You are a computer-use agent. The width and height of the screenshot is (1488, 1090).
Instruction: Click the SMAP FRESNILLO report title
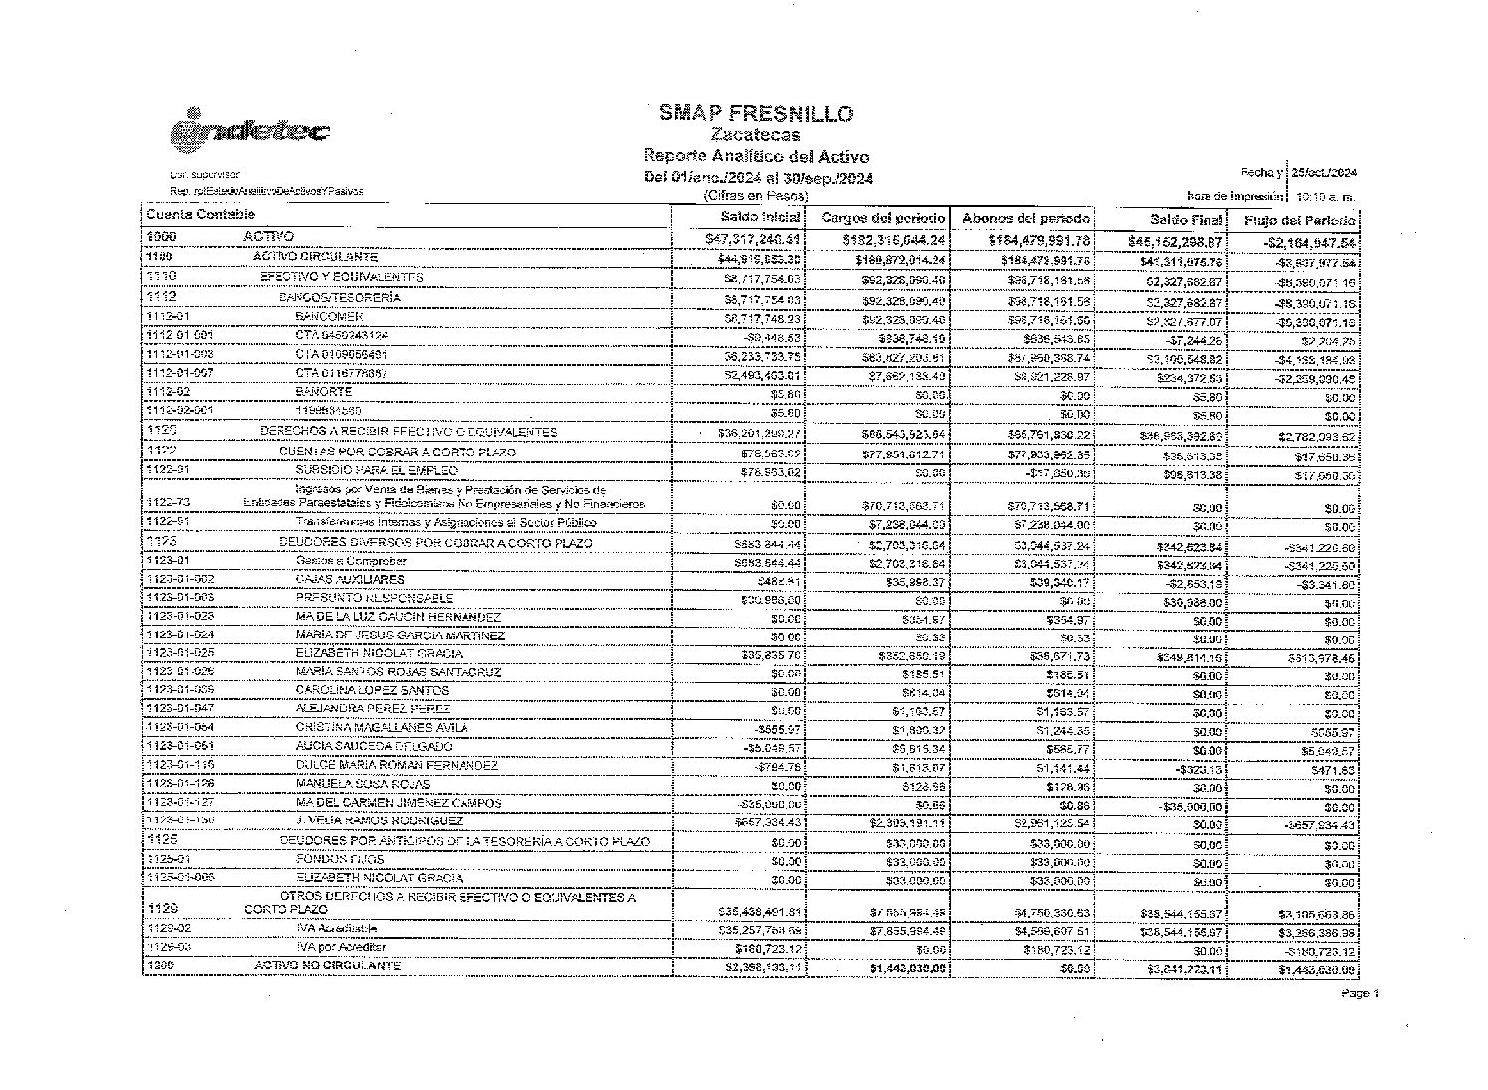[756, 114]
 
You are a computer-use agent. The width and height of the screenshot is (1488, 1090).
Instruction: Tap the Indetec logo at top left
[250, 131]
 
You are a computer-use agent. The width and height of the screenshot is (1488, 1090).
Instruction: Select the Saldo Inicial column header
[761, 216]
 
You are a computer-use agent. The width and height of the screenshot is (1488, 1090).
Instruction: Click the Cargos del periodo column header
[879, 217]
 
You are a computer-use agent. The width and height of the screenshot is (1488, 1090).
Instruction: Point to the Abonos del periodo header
[1024, 217]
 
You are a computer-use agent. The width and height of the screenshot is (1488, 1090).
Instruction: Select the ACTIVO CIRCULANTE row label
[315, 257]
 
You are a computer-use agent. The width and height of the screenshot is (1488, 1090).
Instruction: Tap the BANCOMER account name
[322, 316]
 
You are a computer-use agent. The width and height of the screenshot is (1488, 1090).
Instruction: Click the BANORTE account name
[323, 392]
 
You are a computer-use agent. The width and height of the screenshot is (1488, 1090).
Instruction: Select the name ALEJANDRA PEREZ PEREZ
[373, 709]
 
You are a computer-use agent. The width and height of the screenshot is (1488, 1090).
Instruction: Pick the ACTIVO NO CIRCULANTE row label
[327, 966]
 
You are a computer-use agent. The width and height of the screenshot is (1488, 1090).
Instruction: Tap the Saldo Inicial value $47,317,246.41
[753, 239]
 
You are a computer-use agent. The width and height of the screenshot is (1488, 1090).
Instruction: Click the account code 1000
[162, 237]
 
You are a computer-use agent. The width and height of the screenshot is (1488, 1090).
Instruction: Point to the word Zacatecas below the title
[756, 135]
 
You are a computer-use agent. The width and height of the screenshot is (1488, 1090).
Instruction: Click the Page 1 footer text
[1360, 993]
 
